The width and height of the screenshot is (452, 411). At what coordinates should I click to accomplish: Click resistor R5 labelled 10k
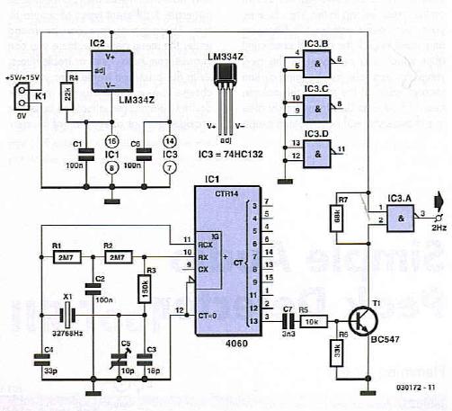pos(315,318)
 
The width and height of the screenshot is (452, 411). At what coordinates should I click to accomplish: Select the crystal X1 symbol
pos(65,317)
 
